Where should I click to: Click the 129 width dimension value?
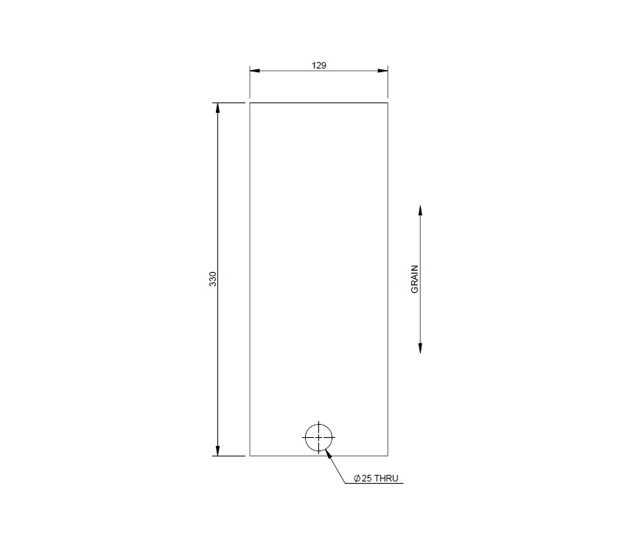(x=318, y=65)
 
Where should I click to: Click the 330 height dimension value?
(x=213, y=279)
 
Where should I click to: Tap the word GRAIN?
(x=414, y=279)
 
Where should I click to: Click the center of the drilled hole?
(x=318, y=437)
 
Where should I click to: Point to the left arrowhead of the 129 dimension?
(x=255, y=71)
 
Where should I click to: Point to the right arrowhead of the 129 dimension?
(x=382, y=71)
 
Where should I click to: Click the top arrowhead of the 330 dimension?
(x=218, y=108)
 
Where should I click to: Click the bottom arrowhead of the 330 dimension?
(x=218, y=451)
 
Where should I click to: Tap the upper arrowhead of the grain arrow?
(x=420, y=210)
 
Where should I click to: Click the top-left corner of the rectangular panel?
(x=250, y=102)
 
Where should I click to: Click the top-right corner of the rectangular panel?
(x=388, y=102)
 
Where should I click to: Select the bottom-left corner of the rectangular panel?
(x=250, y=456)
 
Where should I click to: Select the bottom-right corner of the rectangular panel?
(x=388, y=456)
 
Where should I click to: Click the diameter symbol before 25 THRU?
(x=357, y=479)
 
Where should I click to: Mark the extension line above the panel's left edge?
(x=250, y=82)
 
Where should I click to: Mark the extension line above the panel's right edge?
(x=388, y=82)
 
